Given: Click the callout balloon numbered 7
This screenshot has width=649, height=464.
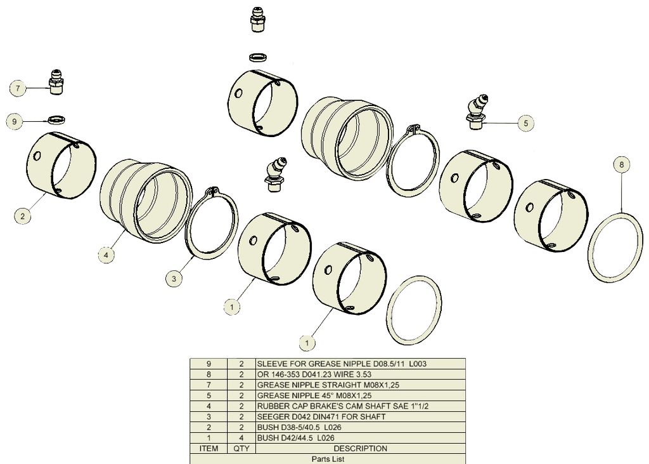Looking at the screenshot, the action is point(18,88).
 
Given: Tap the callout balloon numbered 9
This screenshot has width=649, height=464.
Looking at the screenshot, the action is point(15,121).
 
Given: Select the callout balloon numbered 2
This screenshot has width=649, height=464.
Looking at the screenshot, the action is point(22,216).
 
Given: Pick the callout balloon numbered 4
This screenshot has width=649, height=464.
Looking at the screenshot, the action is point(106,255).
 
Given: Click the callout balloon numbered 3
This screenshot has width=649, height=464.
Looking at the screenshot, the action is point(174,278).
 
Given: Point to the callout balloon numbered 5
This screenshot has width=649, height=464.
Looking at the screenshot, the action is point(525,123).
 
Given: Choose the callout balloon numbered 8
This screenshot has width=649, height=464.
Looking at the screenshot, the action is point(621,164).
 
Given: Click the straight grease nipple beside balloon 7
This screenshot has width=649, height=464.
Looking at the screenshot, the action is point(56,82).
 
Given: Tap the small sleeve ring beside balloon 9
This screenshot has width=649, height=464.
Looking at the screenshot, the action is point(56,120).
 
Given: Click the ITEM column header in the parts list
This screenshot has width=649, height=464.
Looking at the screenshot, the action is point(209,448).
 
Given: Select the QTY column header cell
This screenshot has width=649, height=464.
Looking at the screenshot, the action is point(241,448).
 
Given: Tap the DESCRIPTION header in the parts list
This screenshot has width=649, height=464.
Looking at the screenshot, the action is point(360,448).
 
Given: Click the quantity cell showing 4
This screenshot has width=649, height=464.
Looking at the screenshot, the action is point(241,438).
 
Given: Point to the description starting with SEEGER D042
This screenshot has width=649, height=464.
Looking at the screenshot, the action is point(321,417).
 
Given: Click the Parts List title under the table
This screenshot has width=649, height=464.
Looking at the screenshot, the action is point(328,459).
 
